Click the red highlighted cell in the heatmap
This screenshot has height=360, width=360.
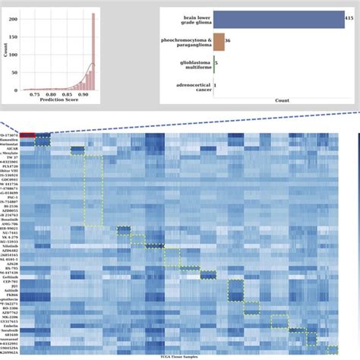click(27, 135)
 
